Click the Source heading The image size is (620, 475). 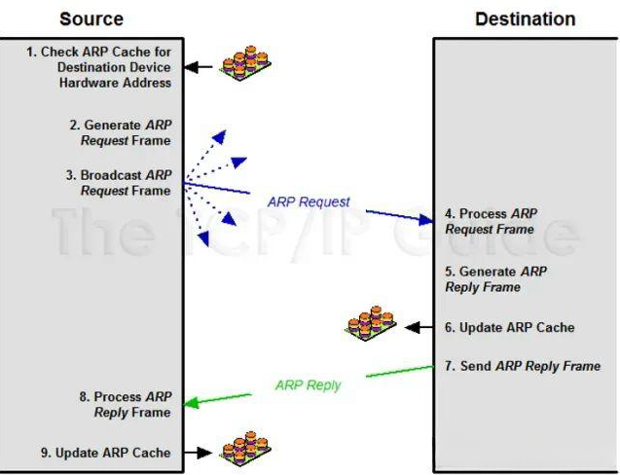(x=91, y=18)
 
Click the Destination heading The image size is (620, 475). (x=525, y=18)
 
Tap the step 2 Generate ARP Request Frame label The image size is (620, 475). (x=120, y=133)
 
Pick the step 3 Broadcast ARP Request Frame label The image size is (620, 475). (x=120, y=183)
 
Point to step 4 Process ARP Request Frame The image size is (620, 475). (x=491, y=221)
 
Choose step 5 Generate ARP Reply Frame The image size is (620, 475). (x=495, y=279)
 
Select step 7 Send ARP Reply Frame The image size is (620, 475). (x=522, y=366)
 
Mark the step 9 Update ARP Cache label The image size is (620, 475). (x=113, y=453)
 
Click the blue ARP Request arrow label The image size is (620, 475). (x=309, y=202)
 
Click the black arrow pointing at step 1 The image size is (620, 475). (x=199, y=67)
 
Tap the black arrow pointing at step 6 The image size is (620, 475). (x=418, y=328)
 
